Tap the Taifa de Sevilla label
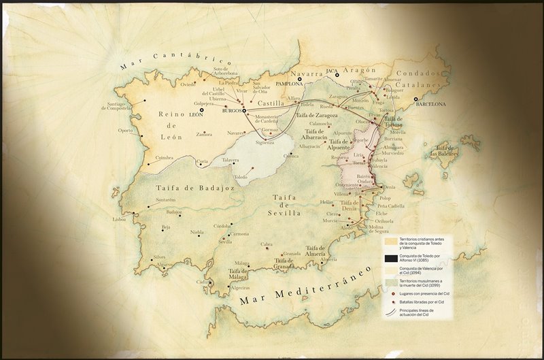point(286,205)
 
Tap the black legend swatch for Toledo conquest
point(390,257)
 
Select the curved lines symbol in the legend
point(390,313)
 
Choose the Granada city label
point(291,253)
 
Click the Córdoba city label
point(222,226)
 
